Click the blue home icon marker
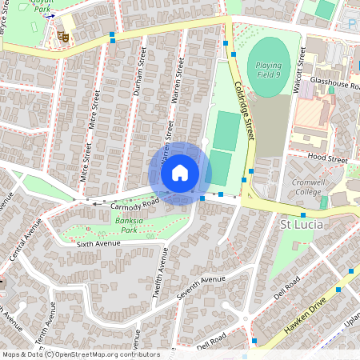(x=180, y=173)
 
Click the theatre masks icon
(x=63, y=36)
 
